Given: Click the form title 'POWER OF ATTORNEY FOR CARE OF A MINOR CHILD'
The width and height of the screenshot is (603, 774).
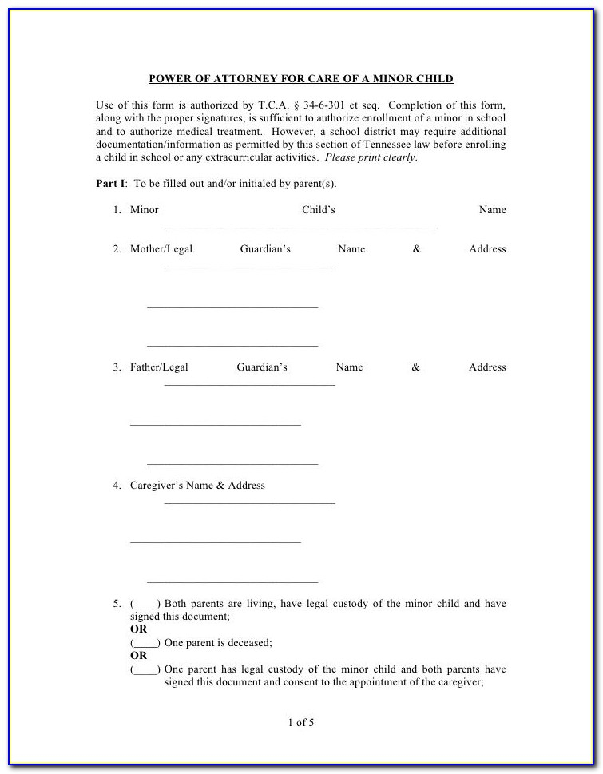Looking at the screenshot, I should pos(301,79).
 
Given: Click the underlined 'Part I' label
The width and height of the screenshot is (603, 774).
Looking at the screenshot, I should pos(110,184).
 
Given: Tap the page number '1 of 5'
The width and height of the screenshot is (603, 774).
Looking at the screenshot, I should pos(301,723).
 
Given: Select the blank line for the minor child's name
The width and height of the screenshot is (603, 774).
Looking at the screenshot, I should pos(301,227).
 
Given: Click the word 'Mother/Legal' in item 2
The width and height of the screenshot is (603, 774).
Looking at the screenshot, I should pos(161,249).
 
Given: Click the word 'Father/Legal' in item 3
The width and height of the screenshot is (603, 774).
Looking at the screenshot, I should pos(159,367).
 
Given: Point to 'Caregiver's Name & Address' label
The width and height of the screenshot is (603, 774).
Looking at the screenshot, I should pos(197,486).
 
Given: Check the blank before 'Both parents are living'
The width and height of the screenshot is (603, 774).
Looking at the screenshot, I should pos(145,605).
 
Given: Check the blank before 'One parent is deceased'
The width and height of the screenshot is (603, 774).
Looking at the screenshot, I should pos(145,643).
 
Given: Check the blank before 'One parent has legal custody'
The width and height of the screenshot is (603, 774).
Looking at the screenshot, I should pos(145,669).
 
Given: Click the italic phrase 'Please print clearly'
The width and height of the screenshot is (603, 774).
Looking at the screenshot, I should pos(370,157).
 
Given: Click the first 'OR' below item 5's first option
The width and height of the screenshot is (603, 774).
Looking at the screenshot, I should pos(138,629).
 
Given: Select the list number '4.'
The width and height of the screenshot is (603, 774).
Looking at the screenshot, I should pos(117,486).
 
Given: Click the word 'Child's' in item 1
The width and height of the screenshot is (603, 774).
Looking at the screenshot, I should pos(318,210).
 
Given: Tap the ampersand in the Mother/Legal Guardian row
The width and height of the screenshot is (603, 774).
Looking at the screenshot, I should pos(417,249).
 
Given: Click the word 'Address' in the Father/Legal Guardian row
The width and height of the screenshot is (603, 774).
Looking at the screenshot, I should pos(487,367).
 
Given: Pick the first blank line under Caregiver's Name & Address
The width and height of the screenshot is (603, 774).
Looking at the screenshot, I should pos(249,502).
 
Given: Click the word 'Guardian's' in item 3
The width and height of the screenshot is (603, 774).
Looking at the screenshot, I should pos(262,367).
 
